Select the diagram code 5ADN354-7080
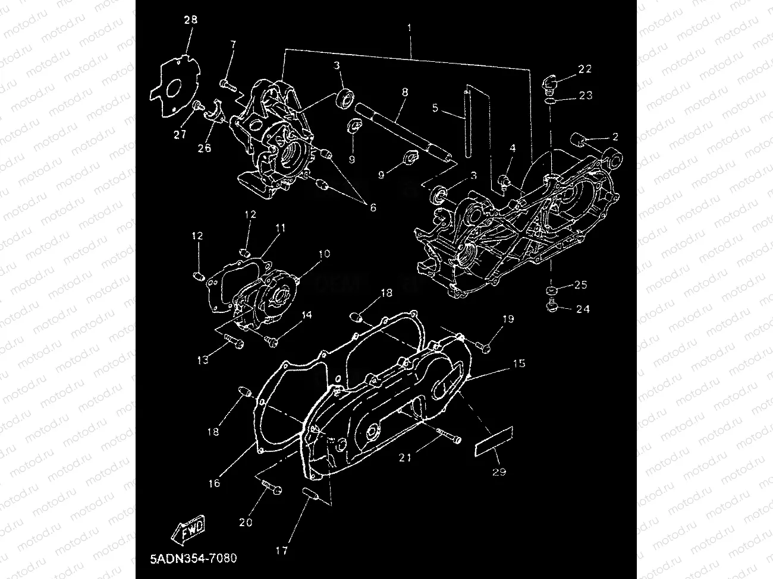coord(193,559)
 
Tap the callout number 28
coord(190,20)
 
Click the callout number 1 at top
coord(409,28)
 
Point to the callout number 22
coord(585,69)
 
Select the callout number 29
coord(499,472)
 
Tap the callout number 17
coord(281,550)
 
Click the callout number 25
coord(580,285)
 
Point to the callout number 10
coord(324,254)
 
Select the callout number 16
coord(214,483)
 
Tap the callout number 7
coord(232,45)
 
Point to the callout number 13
coord(203,360)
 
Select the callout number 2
coord(615,137)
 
